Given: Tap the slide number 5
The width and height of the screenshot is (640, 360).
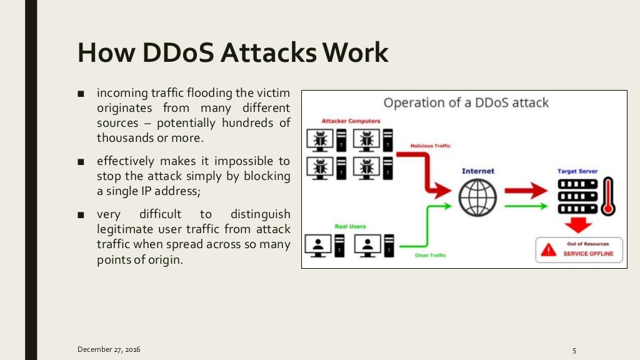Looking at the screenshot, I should point(573,349).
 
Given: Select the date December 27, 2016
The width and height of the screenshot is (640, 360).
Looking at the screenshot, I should point(109,349).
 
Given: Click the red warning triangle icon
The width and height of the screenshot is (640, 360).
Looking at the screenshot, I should point(549,250).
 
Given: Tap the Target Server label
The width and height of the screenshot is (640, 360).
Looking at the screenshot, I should point(577,171).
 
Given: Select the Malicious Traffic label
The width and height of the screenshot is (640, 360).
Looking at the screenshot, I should point(430,146).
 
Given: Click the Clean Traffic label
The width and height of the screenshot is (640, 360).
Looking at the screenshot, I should point(430,256).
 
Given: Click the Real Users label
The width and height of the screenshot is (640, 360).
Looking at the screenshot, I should point(351,226).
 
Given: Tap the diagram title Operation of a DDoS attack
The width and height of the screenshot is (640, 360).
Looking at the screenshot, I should point(466,102).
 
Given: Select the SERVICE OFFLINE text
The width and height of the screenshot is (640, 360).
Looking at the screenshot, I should point(588,254).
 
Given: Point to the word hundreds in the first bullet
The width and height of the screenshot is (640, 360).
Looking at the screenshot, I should point(253,123).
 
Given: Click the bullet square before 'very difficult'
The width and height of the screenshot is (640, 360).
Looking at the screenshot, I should point(81,215).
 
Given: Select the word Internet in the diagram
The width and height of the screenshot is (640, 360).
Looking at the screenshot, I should point(477,171).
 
